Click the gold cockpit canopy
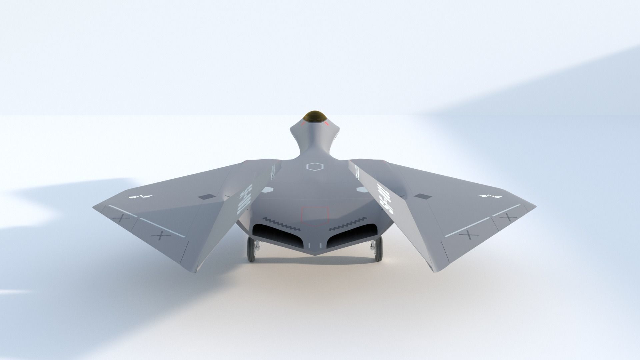pos(315,117)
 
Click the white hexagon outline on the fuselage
pos(315,167)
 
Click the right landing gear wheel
pos(378,249)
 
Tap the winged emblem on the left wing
pos(140,197)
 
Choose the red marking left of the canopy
pos(303,124)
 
